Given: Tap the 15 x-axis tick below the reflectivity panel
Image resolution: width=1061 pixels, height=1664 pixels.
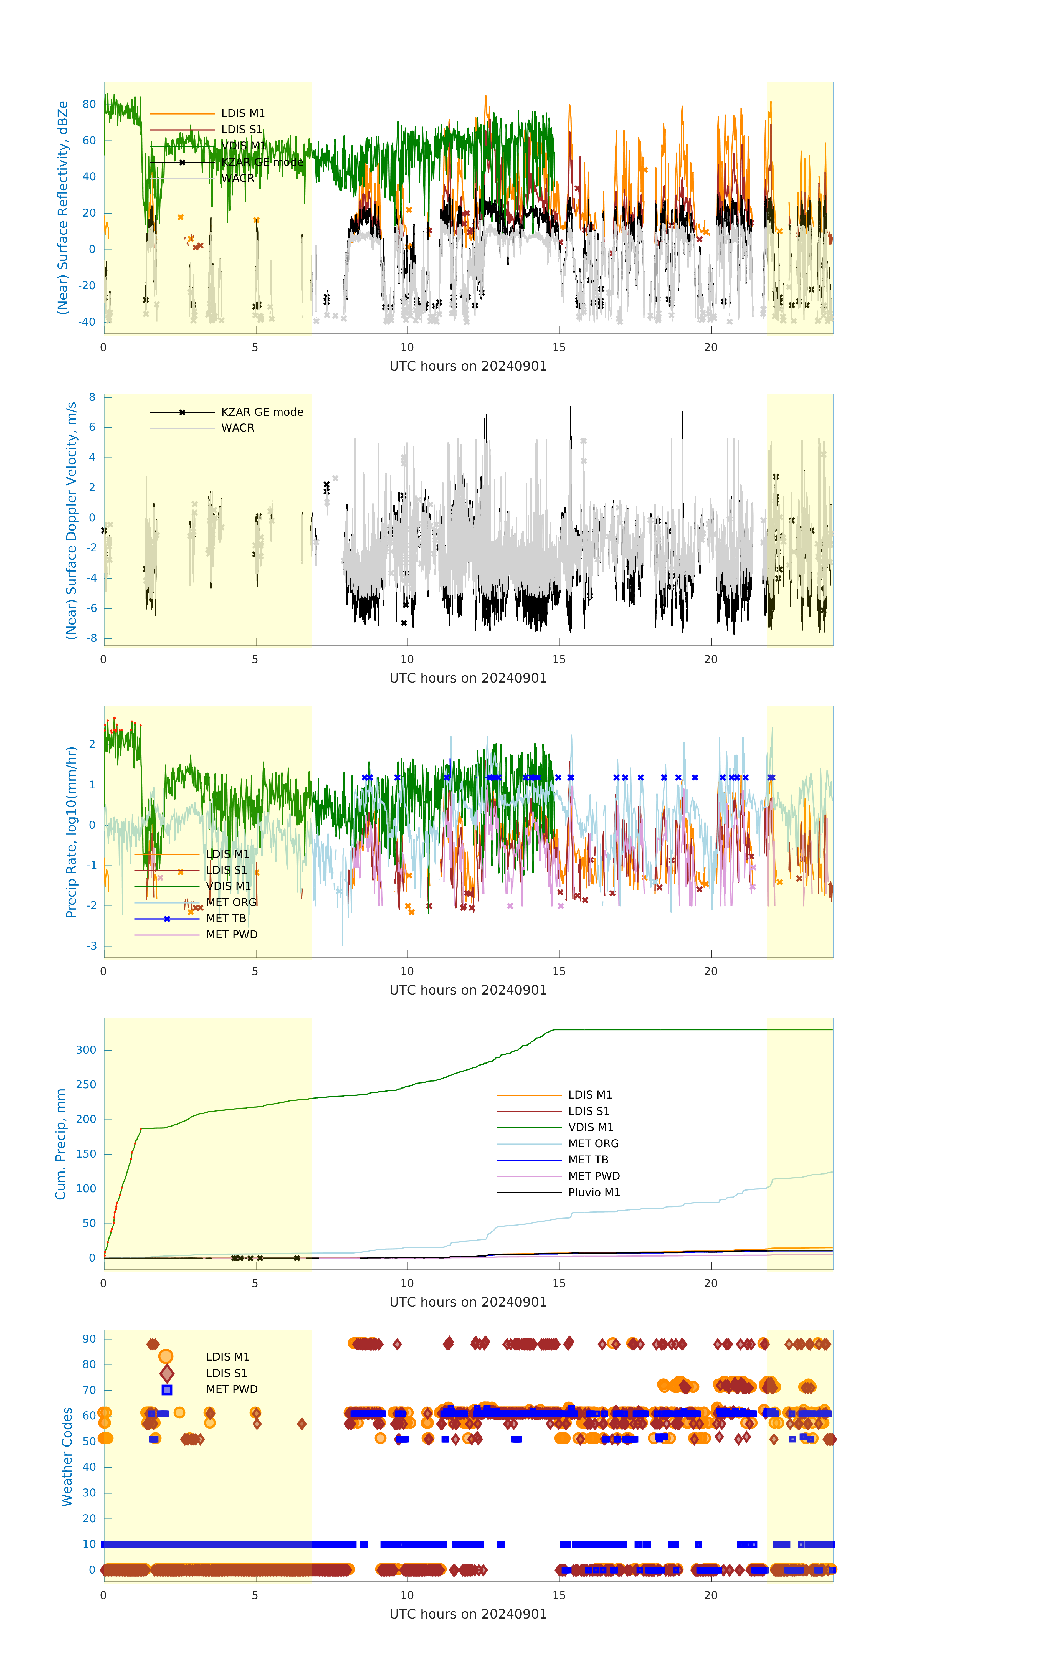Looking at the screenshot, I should click(558, 347).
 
